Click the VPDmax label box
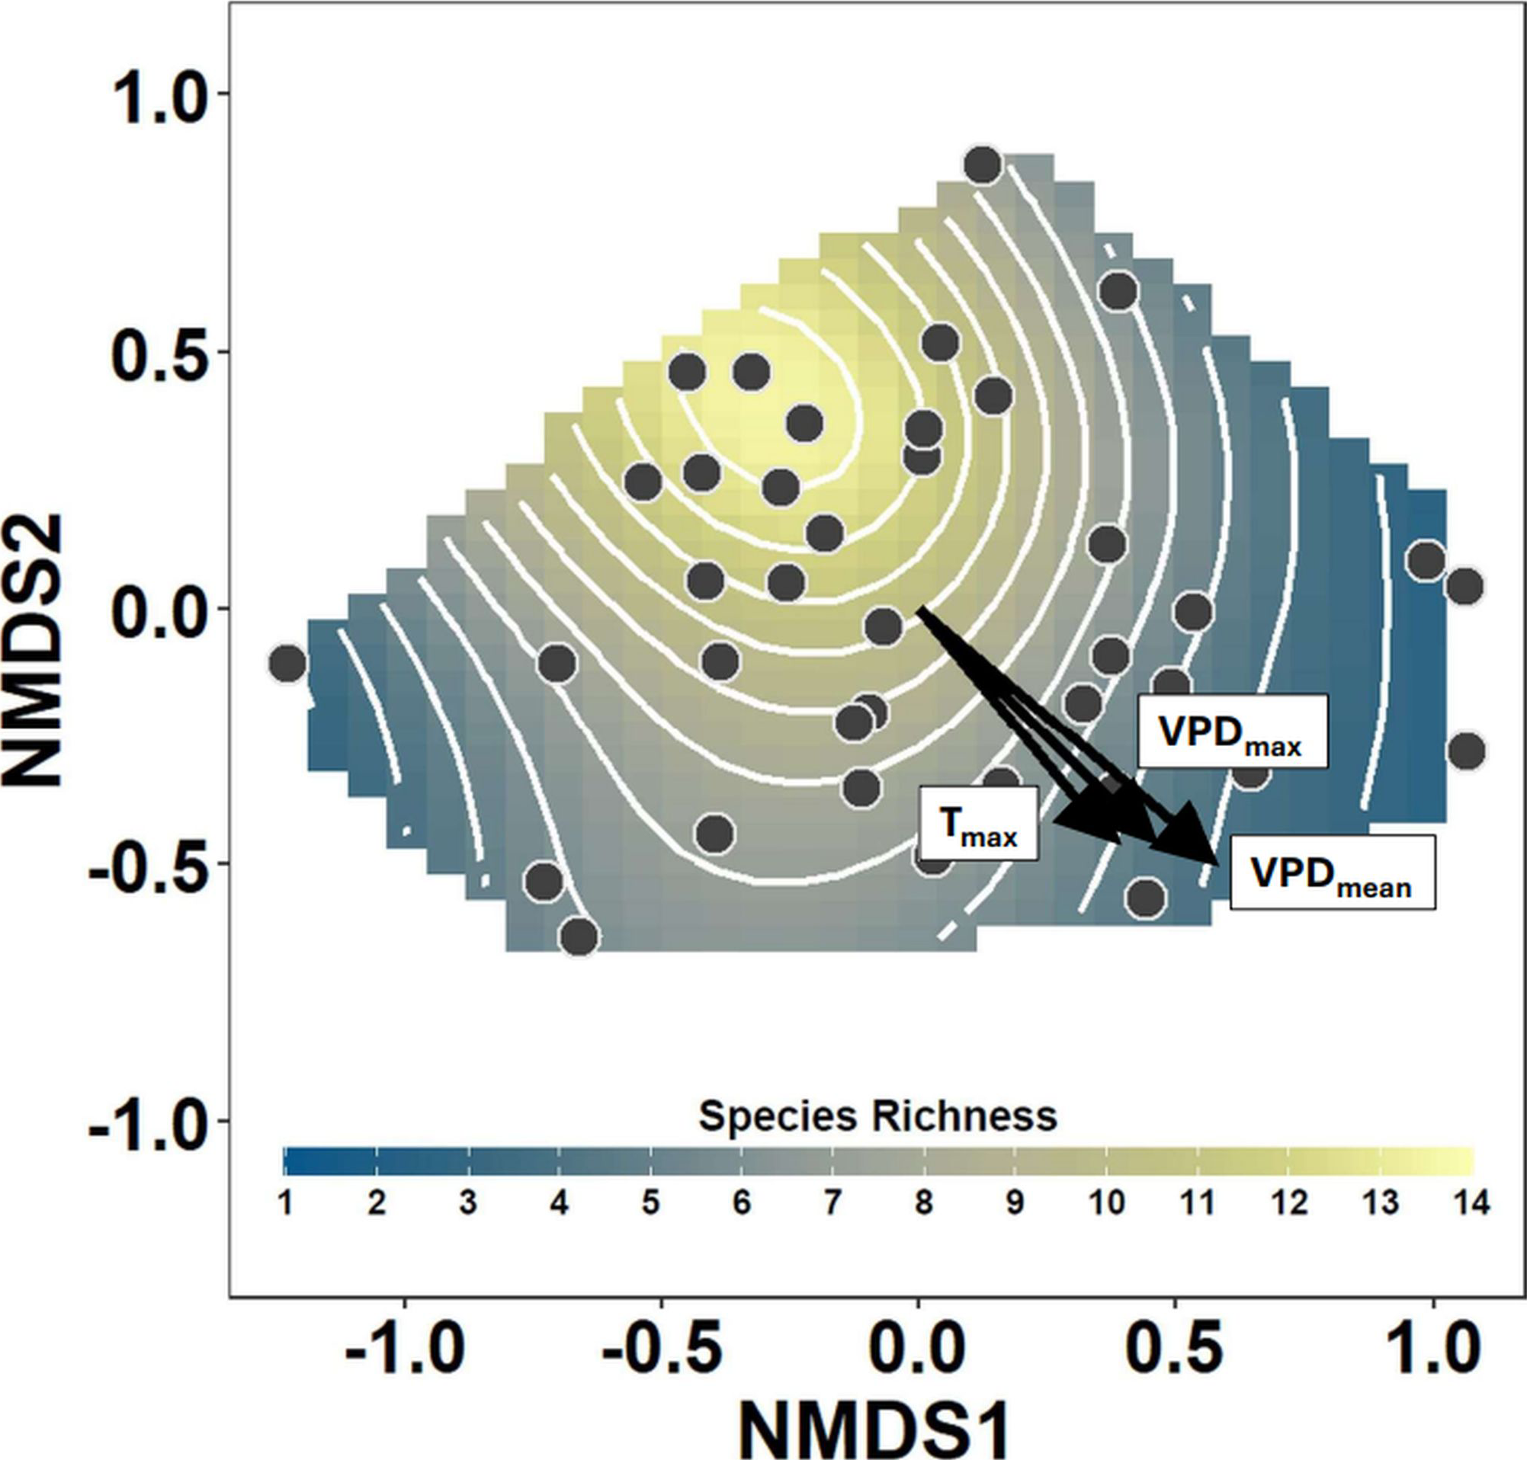(x=1232, y=731)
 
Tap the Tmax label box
(x=979, y=824)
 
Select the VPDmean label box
(x=1332, y=872)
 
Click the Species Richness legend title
(x=877, y=1116)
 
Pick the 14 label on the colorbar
(x=1471, y=1203)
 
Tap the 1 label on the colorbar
(x=286, y=1203)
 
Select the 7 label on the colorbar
(x=832, y=1203)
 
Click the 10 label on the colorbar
(x=1106, y=1203)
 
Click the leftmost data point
(x=287, y=664)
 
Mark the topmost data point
(x=983, y=165)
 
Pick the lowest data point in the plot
(x=579, y=937)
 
